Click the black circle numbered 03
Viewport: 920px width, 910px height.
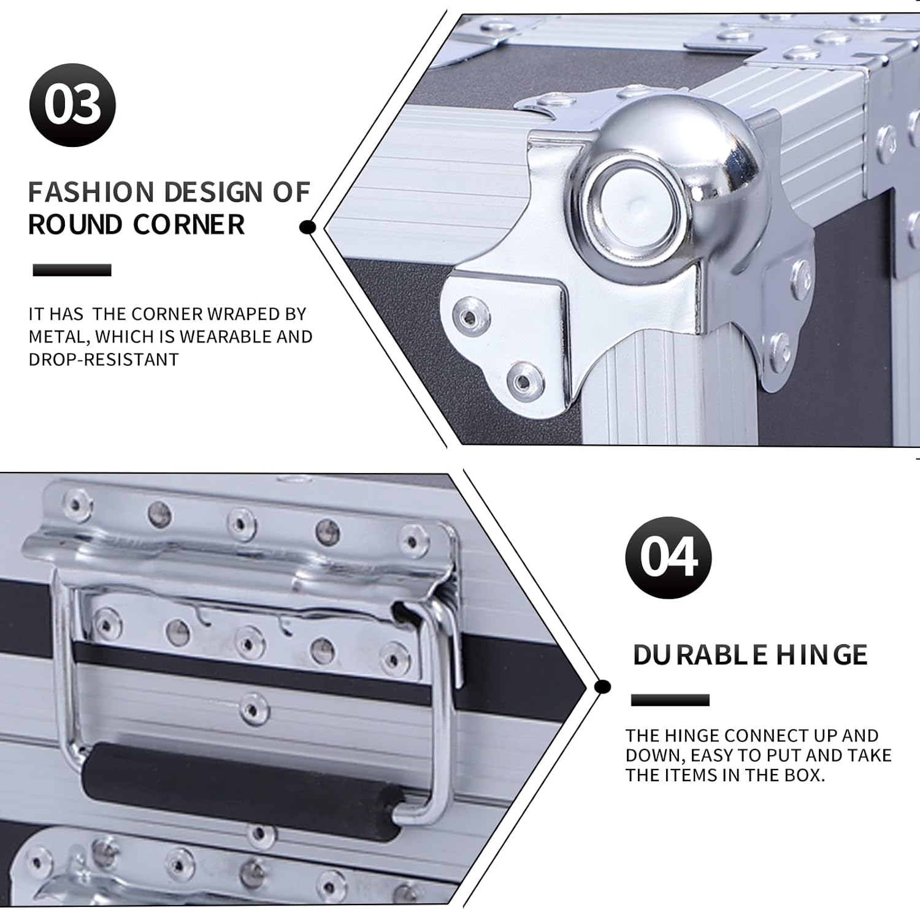click(x=72, y=105)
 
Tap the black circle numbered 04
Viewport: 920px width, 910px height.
click(x=669, y=557)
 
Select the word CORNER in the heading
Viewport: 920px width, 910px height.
click(x=188, y=225)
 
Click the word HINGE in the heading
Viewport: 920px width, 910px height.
click(x=822, y=655)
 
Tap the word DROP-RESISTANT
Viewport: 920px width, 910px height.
click(x=104, y=359)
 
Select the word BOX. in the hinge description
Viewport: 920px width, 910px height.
click(x=804, y=775)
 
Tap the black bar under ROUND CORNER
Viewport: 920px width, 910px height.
click(x=72, y=270)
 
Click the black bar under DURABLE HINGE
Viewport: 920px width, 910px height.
click(x=670, y=700)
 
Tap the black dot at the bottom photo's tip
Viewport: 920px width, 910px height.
click(x=603, y=686)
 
